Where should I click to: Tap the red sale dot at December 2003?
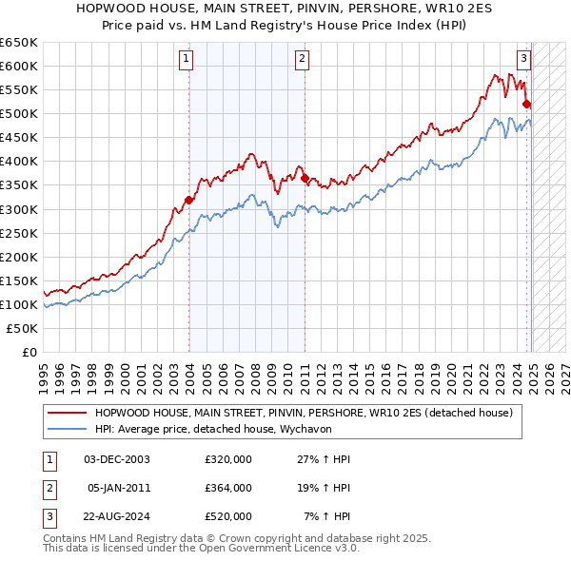click(189, 200)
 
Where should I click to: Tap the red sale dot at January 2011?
click(305, 178)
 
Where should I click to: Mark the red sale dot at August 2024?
click(527, 105)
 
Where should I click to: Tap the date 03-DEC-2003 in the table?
click(117, 459)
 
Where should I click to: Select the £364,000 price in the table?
click(228, 488)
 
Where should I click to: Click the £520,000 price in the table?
click(228, 516)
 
